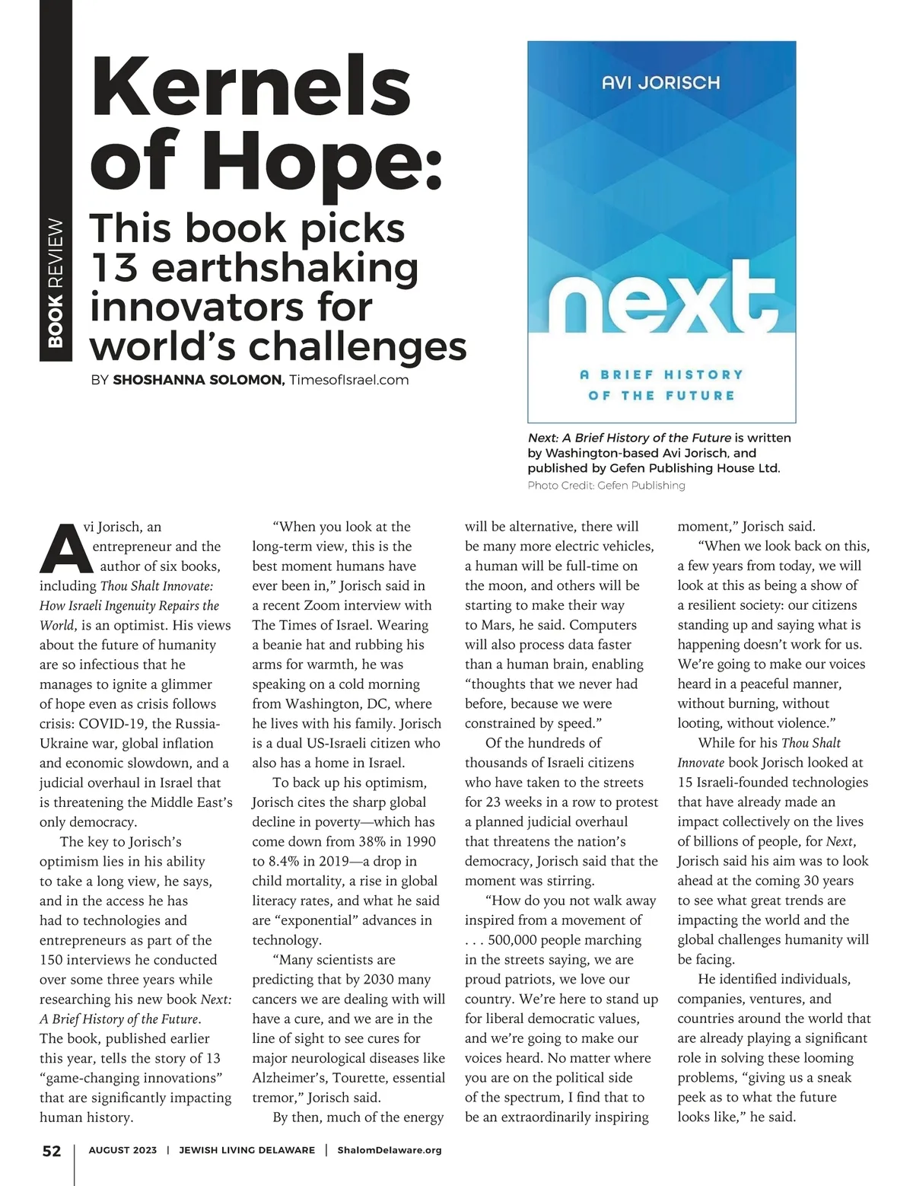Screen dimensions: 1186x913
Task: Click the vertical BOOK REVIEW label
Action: (x=55, y=282)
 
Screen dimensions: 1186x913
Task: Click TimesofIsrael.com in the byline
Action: (x=349, y=380)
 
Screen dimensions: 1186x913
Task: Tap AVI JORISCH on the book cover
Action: (x=660, y=82)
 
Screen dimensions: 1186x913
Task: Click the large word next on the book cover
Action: (x=660, y=300)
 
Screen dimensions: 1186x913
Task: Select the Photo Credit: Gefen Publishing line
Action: (x=606, y=486)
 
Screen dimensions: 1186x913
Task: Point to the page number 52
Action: (x=51, y=1151)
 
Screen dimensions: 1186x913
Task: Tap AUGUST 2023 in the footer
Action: (x=122, y=1150)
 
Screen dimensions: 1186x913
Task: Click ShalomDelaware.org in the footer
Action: (x=389, y=1150)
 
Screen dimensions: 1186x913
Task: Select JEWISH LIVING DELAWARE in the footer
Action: (x=247, y=1150)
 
